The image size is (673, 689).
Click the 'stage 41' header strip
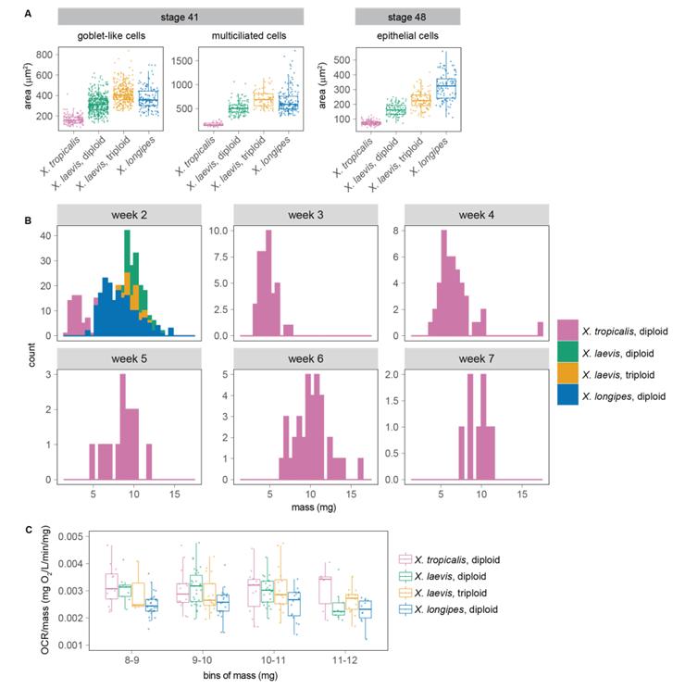pyautogui.click(x=181, y=17)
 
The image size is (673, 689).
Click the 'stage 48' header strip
pyautogui.click(x=408, y=17)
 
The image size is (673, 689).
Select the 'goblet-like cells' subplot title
pyautogui.click(x=111, y=36)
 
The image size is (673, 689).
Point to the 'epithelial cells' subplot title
pyautogui.click(x=407, y=36)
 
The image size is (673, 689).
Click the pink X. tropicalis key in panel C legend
pyautogui.click(x=404, y=558)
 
